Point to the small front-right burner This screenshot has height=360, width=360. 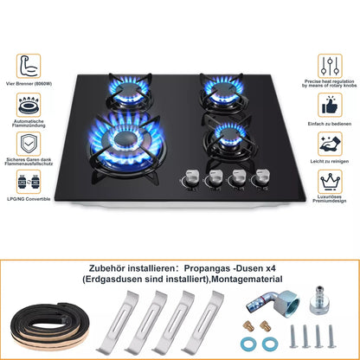click(230, 135)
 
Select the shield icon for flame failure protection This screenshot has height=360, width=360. click(29, 142)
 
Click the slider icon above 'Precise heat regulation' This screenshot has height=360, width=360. click(331, 64)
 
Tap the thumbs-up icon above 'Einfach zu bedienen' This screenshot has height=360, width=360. click(330, 105)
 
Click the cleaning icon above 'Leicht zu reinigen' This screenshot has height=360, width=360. click(330, 144)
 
